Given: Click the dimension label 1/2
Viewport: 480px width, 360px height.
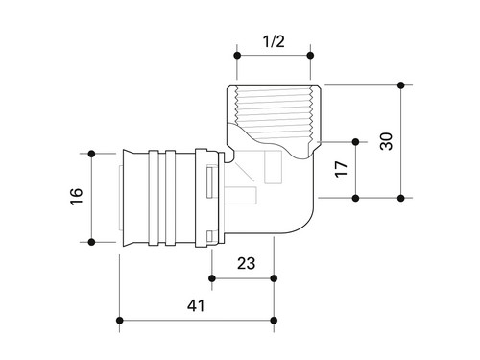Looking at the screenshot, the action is point(274,41).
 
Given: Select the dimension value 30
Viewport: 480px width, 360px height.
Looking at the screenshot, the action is point(386,141).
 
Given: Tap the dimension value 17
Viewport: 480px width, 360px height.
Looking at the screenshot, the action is point(341,169).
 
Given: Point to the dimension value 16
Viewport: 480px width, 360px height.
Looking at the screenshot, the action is point(77,197).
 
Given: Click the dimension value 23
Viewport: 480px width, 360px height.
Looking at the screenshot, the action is point(246,263).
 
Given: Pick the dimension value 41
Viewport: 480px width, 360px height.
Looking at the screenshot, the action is point(196,305).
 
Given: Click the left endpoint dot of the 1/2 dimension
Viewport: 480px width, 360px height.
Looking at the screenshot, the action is point(237,56).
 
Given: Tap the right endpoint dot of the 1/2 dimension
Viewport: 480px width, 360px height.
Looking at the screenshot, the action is point(310,56).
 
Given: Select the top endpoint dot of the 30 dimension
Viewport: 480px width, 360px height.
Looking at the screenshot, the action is point(401,85).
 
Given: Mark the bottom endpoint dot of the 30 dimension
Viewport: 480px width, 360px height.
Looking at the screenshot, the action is point(401,198).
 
